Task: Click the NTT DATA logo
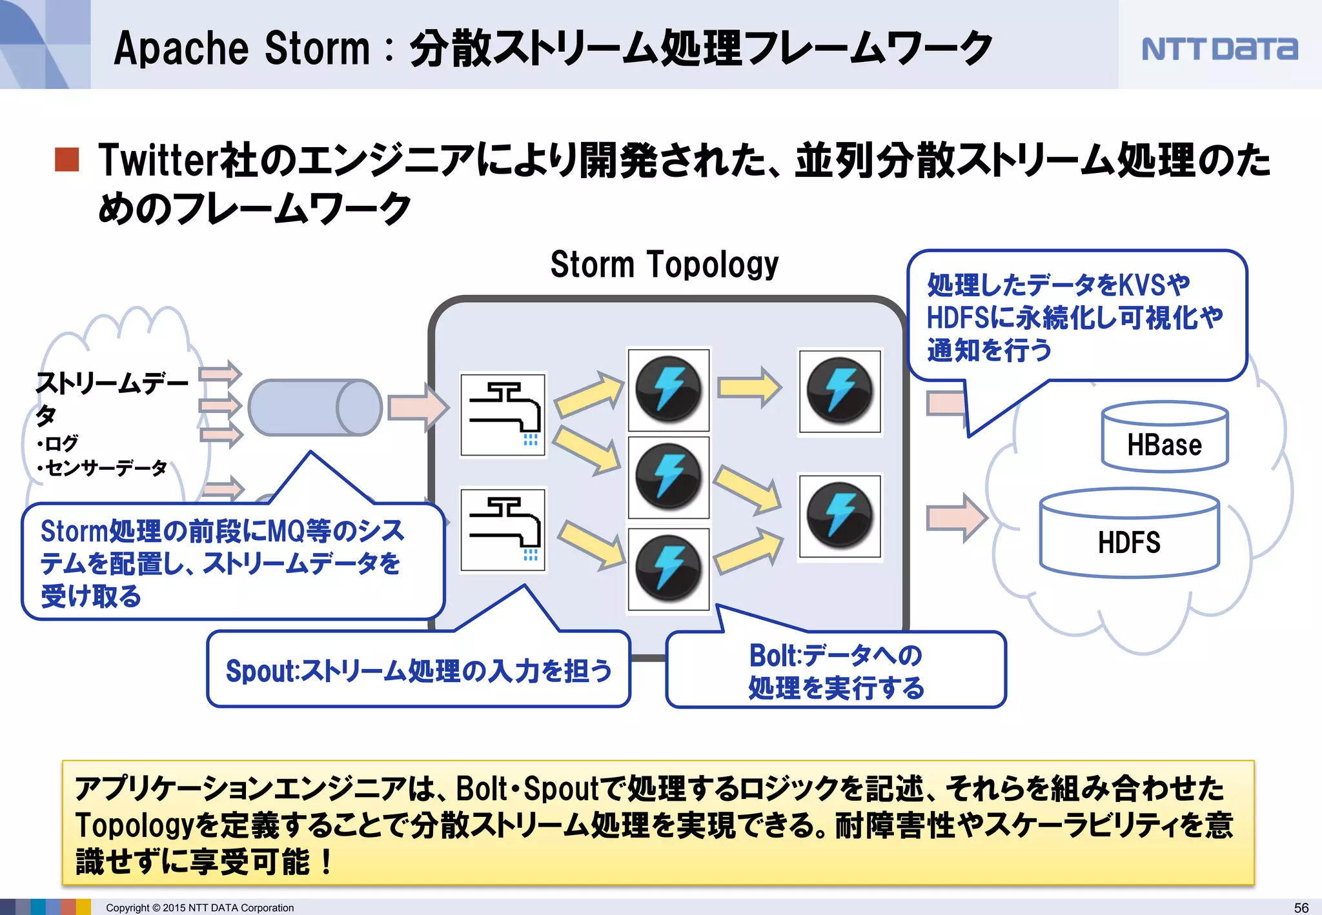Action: (x=1219, y=49)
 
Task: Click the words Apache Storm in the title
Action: (x=242, y=49)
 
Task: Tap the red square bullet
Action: (x=67, y=159)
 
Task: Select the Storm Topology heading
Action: (x=664, y=265)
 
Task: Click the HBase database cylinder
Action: (x=1164, y=437)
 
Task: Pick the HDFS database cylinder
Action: (x=1129, y=533)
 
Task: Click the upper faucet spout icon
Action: (x=503, y=414)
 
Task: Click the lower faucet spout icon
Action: (x=503, y=530)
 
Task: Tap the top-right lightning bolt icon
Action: (x=840, y=391)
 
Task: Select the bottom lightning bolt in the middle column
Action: (x=669, y=569)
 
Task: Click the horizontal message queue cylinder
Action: (x=315, y=407)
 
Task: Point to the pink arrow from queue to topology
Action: (x=418, y=407)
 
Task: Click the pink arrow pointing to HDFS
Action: (x=956, y=518)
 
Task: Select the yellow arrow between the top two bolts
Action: (x=749, y=387)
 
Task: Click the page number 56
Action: (x=1301, y=907)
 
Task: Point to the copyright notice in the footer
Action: (x=199, y=908)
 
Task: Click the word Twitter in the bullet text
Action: (x=158, y=160)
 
